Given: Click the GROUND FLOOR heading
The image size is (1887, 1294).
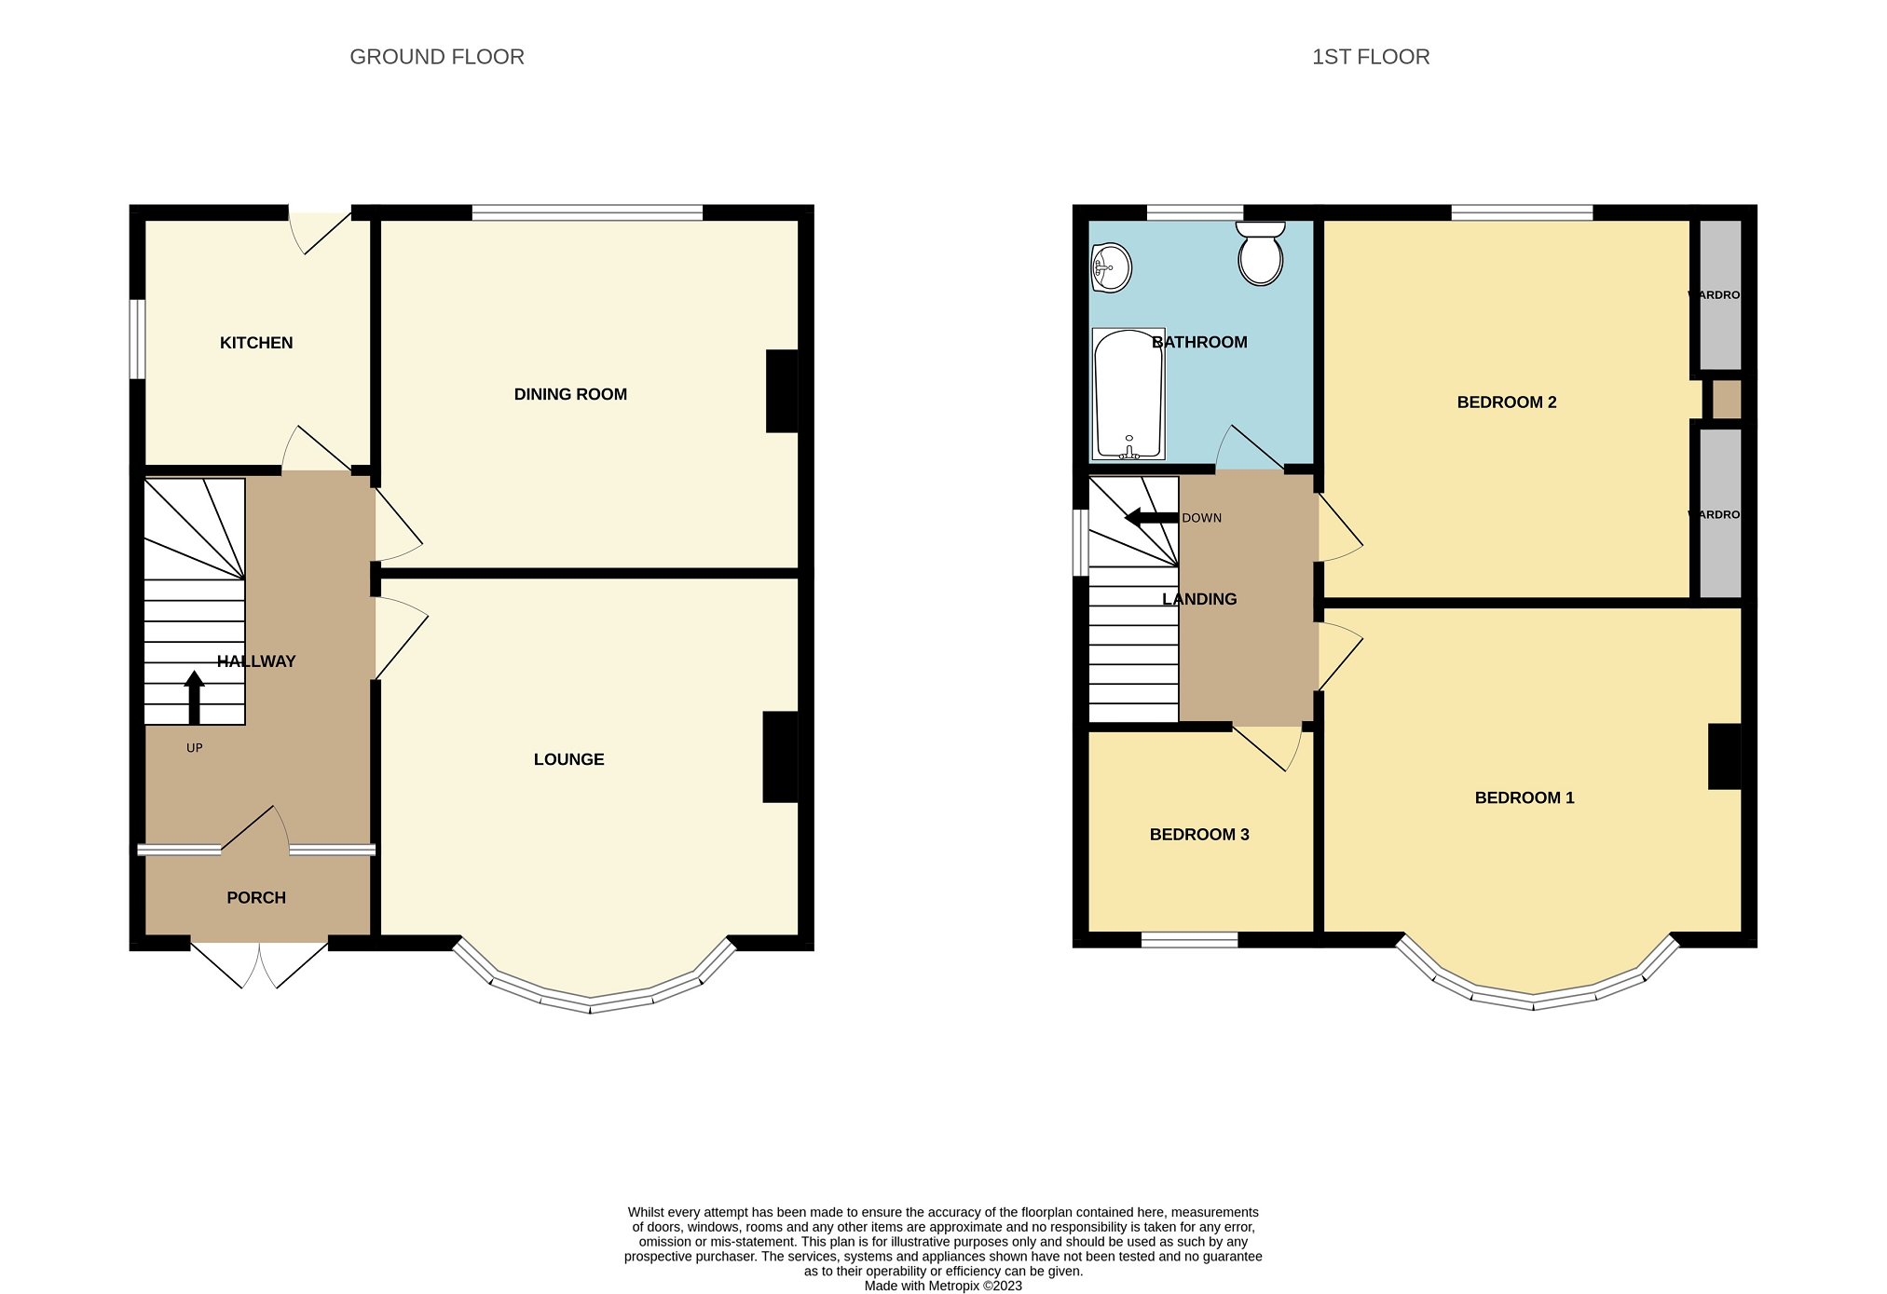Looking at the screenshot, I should (436, 57).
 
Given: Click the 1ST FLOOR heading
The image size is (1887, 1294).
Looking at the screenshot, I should (1370, 57).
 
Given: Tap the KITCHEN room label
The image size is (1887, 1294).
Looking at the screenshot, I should (256, 343).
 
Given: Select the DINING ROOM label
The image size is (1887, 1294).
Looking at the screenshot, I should (570, 394).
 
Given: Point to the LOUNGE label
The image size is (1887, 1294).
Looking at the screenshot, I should (568, 759).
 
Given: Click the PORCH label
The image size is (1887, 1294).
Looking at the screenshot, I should (256, 897).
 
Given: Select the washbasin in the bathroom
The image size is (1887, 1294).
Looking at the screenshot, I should (1111, 268).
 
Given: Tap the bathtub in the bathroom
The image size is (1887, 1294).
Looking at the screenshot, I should (1128, 394).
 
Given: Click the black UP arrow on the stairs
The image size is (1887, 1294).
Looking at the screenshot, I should (194, 698).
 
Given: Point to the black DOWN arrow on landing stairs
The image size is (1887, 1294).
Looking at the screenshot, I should (1151, 518).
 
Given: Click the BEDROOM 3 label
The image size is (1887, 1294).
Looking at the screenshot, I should (1199, 834).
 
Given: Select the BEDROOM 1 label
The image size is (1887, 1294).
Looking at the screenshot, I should (1524, 797).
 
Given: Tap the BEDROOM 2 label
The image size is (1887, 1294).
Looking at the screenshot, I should (1506, 402).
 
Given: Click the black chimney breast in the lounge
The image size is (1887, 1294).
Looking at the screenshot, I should (780, 756).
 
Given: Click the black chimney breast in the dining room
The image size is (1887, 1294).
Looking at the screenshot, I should (782, 390).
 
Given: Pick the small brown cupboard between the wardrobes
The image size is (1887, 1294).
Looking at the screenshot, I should (1726, 399).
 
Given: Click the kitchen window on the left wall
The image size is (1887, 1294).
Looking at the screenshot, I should (137, 339).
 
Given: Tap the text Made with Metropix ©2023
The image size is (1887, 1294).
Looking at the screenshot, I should (942, 1286).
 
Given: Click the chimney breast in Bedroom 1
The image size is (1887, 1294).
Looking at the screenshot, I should (1723, 756).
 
